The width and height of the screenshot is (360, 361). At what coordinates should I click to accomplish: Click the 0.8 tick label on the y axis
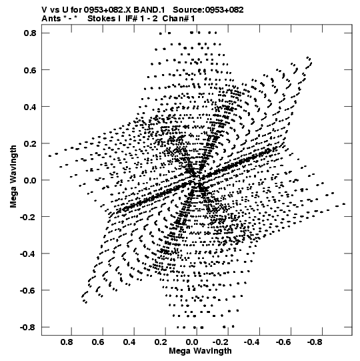tap(30, 33)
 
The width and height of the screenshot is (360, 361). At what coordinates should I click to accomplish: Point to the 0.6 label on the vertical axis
tap(30, 70)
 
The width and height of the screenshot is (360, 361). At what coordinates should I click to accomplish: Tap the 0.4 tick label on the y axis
tap(30, 107)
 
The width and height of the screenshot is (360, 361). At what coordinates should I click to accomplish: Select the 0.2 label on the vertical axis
tap(30, 143)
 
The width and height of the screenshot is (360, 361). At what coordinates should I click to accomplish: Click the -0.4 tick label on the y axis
tap(28, 254)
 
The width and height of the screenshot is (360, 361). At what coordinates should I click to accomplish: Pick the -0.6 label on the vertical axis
tap(28, 290)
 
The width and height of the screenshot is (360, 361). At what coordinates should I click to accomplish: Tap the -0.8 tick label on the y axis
tap(28, 327)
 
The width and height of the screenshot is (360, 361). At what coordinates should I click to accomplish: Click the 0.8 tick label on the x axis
tap(67, 342)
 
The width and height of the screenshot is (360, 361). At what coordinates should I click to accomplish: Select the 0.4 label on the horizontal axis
tap(129, 342)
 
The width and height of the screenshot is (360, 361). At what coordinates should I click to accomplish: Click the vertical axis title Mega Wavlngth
tap(13, 177)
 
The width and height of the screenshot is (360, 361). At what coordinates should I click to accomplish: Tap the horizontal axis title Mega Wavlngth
tap(200, 351)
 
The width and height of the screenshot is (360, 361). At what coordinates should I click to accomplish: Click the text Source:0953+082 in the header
tap(208, 10)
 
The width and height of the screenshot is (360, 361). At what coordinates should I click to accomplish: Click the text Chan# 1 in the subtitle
tap(179, 19)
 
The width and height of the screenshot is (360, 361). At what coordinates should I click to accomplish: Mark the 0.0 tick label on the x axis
tap(192, 342)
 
